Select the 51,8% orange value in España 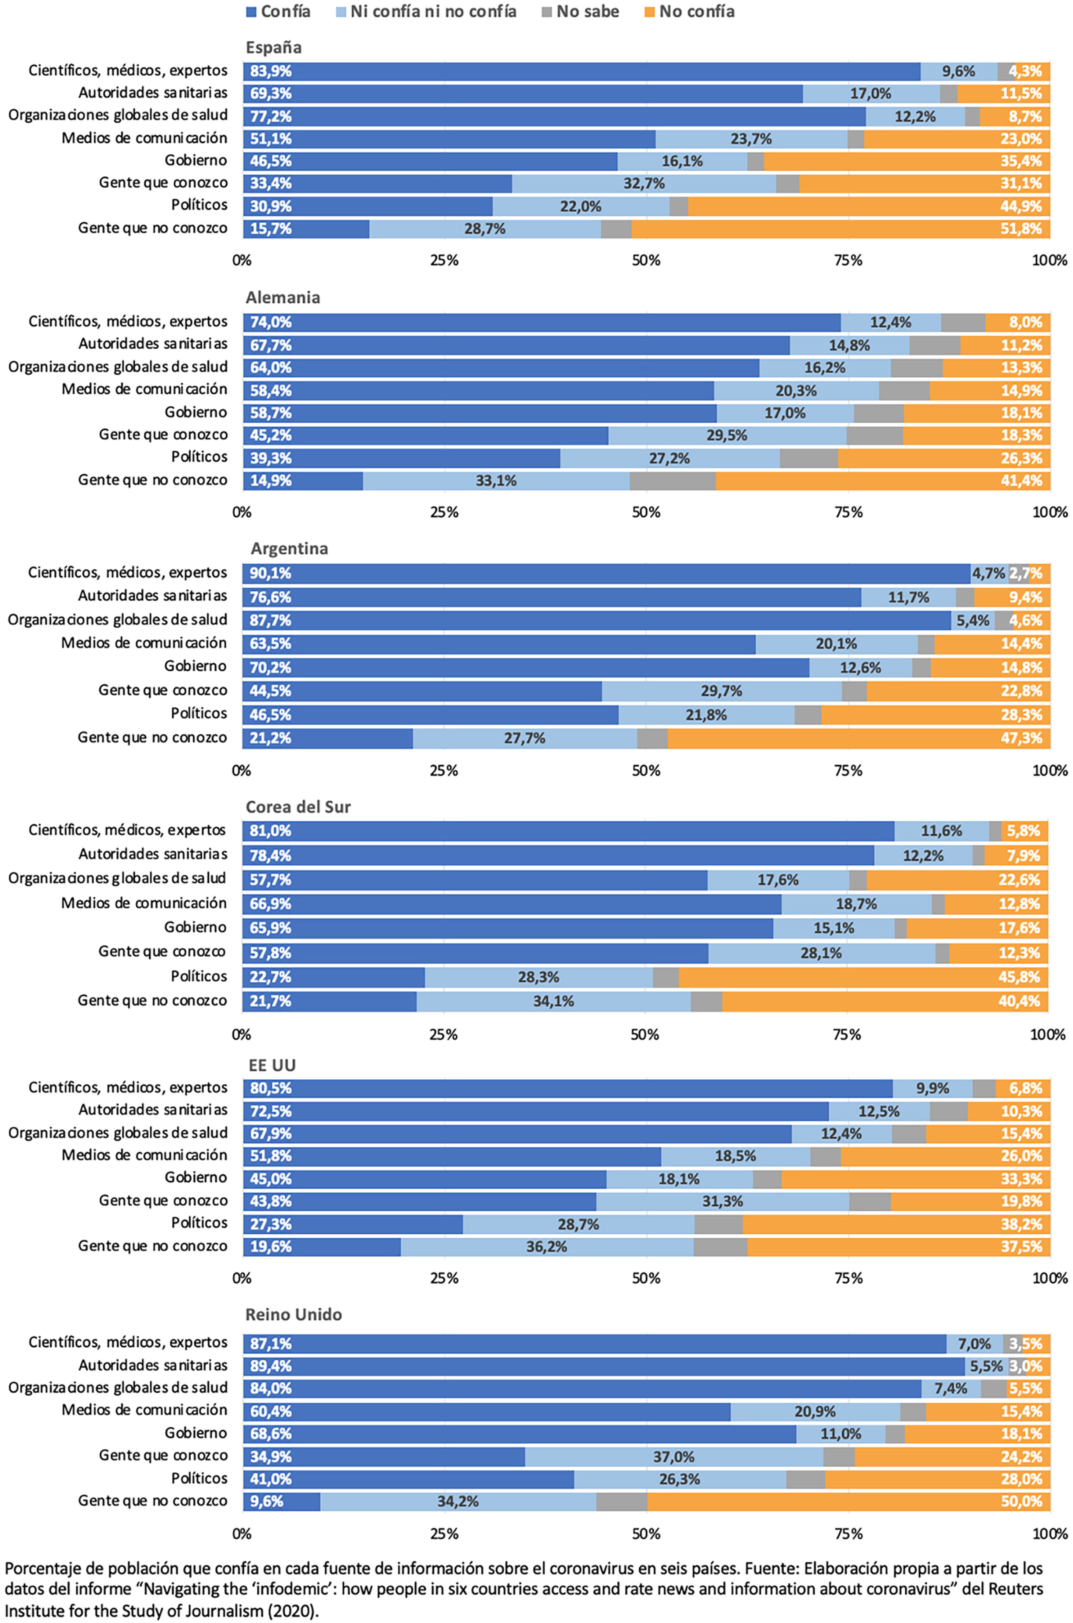[1021, 229]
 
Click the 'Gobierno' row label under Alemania [196, 412]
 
